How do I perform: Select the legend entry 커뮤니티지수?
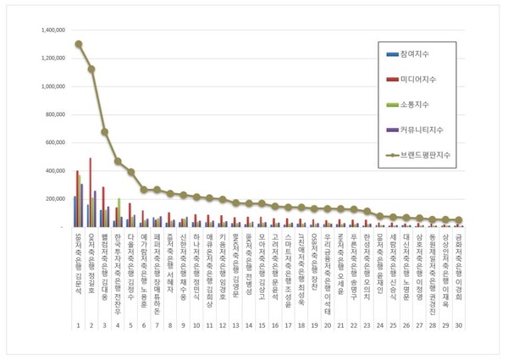pyautogui.click(x=428, y=130)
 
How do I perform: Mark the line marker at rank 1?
pyautogui.click(x=79, y=44)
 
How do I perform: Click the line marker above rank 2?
pyautogui.click(x=91, y=69)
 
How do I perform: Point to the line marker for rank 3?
pyautogui.click(x=105, y=132)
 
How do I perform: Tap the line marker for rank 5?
pyautogui.click(x=131, y=172)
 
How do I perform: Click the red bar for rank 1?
pyautogui.click(x=77, y=199)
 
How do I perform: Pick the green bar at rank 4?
pyautogui.click(x=119, y=213)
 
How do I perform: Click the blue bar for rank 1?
pyautogui.click(x=75, y=212)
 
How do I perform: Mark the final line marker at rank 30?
pyautogui.click(x=458, y=220)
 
